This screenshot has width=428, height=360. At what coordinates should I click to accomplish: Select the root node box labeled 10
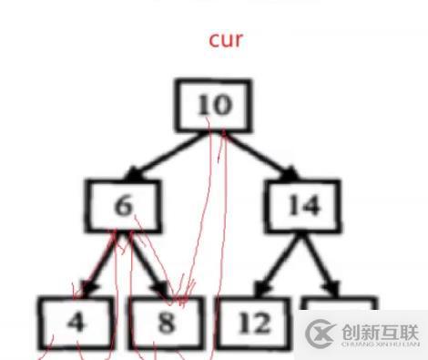pyautogui.click(x=214, y=107)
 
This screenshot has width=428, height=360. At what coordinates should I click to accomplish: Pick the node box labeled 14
pyautogui.click(x=302, y=207)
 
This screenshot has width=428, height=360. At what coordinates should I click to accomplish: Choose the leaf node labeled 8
pyautogui.click(x=166, y=322)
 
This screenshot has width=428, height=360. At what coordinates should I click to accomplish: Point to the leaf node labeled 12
pyautogui.click(x=254, y=322)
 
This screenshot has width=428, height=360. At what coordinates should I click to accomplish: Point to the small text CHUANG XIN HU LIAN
pyautogui.click(x=381, y=345)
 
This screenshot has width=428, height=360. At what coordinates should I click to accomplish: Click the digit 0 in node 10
pyautogui.click(x=222, y=107)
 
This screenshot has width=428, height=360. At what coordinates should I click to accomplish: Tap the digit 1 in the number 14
pyautogui.click(x=292, y=207)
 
